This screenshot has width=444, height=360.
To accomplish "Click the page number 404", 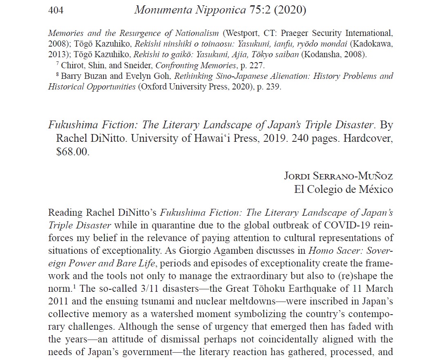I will [x=56, y=10].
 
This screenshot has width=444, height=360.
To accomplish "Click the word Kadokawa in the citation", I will [x=373, y=44].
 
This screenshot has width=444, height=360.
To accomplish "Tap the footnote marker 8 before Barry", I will [x=57, y=75].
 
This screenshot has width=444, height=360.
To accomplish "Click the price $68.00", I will [x=72, y=151].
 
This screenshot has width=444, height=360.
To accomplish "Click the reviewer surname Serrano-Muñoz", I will [x=355, y=176].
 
